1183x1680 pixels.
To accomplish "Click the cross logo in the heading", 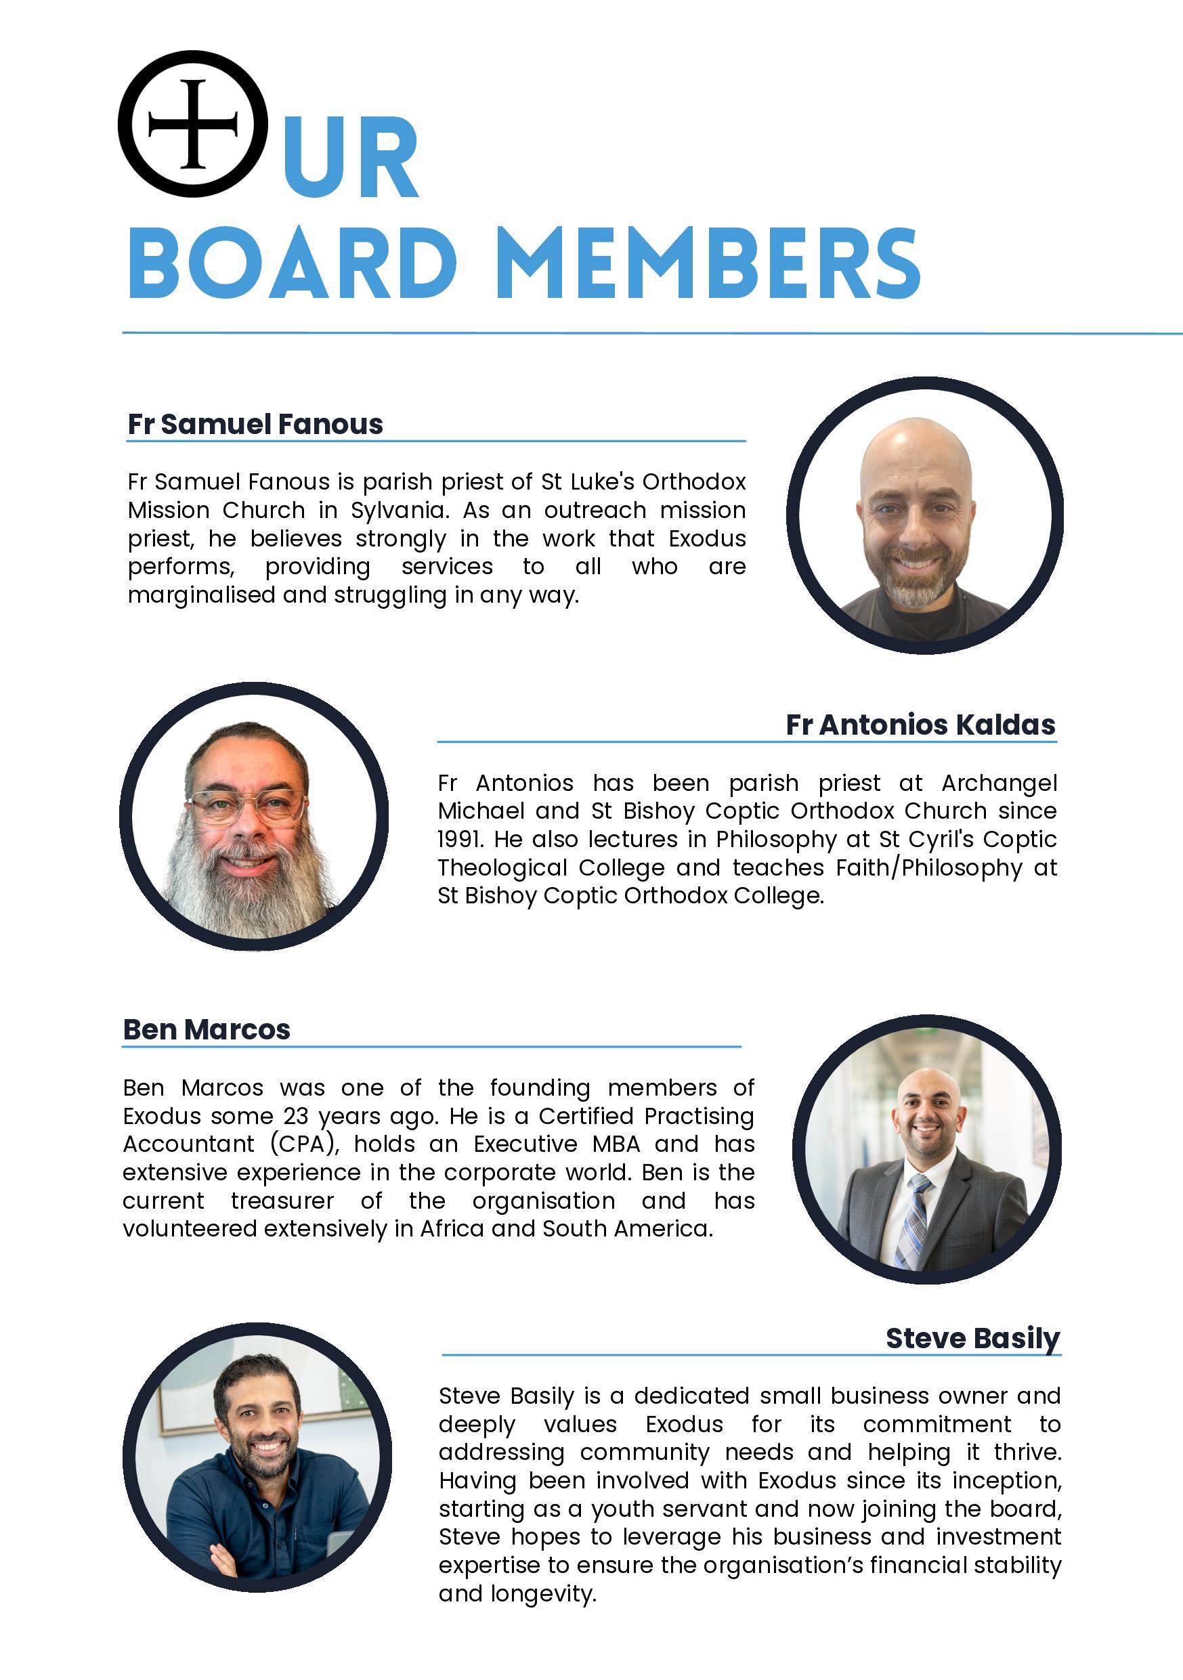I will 192,124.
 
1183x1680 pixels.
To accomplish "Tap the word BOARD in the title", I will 293,263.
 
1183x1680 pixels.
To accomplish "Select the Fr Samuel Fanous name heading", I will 255,425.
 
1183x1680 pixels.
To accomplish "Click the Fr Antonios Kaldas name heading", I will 920,725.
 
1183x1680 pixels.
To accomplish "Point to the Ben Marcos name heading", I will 207,1029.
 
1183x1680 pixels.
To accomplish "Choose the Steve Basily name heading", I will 972,1338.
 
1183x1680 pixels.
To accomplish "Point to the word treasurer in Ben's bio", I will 282,1201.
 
